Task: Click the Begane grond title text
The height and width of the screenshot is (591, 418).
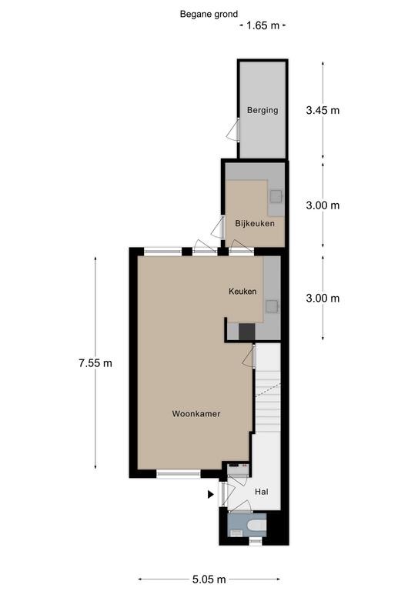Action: pyautogui.click(x=209, y=15)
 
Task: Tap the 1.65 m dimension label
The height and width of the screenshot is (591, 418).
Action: pyautogui.click(x=263, y=25)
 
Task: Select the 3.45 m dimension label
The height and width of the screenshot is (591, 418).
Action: pyautogui.click(x=323, y=111)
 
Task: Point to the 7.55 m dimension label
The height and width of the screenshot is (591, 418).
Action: pyautogui.click(x=95, y=363)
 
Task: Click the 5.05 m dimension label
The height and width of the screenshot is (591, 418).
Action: pyautogui.click(x=209, y=579)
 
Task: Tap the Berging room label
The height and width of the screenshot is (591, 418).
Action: pyautogui.click(x=263, y=111)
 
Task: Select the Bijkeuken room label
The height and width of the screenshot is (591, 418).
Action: pyautogui.click(x=255, y=223)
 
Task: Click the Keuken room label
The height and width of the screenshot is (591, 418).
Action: pyautogui.click(x=242, y=292)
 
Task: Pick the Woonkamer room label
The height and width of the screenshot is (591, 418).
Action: pyautogui.click(x=196, y=414)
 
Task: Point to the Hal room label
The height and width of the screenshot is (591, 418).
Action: pyautogui.click(x=262, y=492)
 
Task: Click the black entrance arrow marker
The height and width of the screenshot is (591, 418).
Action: pyautogui.click(x=211, y=494)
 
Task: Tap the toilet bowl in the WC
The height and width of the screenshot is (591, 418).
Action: pyautogui.click(x=259, y=525)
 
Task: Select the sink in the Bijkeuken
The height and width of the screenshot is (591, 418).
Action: pyautogui.click(x=276, y=196)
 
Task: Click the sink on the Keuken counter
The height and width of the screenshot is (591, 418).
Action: pyautogui.click(x=272, y=306)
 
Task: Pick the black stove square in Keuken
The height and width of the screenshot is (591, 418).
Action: pyautogui.click(x=247, y=332)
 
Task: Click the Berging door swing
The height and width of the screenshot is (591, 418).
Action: pyautogui.click(x=232, y=130)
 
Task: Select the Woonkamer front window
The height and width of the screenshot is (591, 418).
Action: pyautogui.click(x=179, y=474)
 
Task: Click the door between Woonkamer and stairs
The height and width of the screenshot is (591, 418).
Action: pyautogui.click(x=249, y=356)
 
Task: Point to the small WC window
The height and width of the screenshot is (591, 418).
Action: pyautogui.click(x=256, y=541)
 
